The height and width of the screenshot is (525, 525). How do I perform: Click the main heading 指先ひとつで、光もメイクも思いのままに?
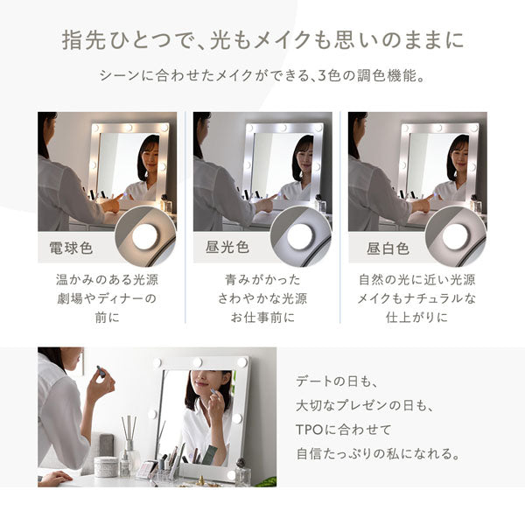point(262,40)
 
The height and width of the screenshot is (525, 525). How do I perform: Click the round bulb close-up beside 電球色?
point(144,236)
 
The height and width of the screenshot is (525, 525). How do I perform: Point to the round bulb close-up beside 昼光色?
point(299,236)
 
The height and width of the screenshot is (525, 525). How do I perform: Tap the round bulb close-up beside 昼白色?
point(455,236)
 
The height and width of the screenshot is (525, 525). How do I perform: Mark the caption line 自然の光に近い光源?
point(417,282)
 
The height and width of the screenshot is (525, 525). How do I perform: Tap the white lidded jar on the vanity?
point(107,465)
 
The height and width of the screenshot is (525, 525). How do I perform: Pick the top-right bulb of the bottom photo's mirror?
point(241,360)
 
